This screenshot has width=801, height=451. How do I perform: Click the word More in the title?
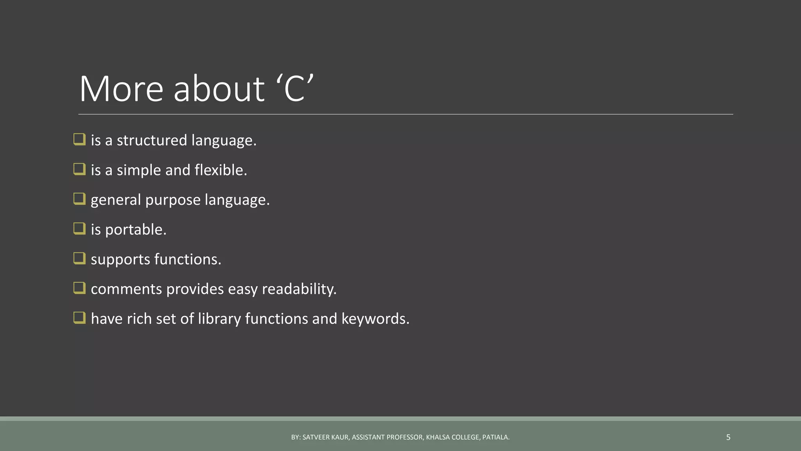click(121, 89)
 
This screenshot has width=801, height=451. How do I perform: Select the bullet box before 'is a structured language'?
click(79, 139)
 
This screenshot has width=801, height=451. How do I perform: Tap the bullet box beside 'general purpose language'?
click(79, 199)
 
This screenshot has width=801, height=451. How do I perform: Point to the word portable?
click(135, 230)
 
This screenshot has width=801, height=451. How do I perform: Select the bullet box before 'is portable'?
click(79, 229)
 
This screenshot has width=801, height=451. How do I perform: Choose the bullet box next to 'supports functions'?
click(79, 258)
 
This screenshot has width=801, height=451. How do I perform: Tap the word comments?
click(126, 289)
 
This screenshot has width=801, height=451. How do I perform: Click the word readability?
click(299, 289)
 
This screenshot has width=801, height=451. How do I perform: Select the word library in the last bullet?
click(219, 319)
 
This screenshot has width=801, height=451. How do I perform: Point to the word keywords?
click(375, 319)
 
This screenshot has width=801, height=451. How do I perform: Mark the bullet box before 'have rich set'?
click(79, 318)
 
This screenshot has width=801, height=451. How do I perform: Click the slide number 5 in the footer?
click(728, 437)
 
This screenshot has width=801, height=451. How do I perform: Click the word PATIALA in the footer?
click(496, 437)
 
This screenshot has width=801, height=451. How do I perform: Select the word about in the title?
click(219, 89)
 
